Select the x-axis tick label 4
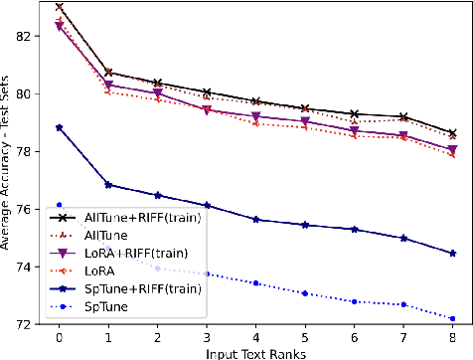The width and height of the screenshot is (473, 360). (x=256, y=338)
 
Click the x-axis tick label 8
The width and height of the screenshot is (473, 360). (x=453, y=338)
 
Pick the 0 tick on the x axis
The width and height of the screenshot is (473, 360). (x=60, y=338)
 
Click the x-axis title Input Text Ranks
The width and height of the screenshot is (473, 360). (x=256, y=352)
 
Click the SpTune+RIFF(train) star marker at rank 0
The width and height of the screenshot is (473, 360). (x=60, y=127)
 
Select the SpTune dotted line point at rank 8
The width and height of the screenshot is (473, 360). (x=453, y=319)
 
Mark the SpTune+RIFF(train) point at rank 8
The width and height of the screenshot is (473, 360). (x=453, y=254)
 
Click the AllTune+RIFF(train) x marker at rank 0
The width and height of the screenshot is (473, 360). (x=60, y=6)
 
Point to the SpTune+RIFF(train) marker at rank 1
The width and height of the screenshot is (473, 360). (x=108, y=185)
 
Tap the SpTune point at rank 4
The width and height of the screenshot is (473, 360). (x=256, y=283)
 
